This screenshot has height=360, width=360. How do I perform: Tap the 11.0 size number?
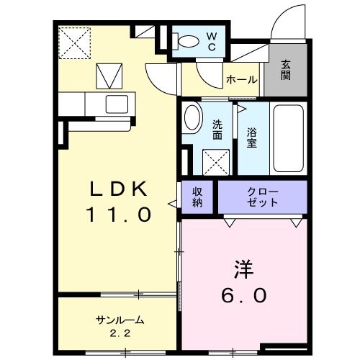coord(120,214)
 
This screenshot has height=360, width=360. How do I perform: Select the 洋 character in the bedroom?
coord(243,270)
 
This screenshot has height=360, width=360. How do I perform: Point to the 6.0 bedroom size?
coord(243,295)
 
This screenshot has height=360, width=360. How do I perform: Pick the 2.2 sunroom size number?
coord(118,333)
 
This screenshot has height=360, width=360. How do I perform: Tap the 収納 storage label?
coord(197,197)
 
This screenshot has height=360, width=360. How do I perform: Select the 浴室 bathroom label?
coord(251,137)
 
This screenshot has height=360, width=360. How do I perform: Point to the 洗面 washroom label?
coord(217,130)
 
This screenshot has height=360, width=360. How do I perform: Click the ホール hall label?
coord(241,79)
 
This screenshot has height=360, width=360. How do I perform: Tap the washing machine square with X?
coord(215,160)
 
